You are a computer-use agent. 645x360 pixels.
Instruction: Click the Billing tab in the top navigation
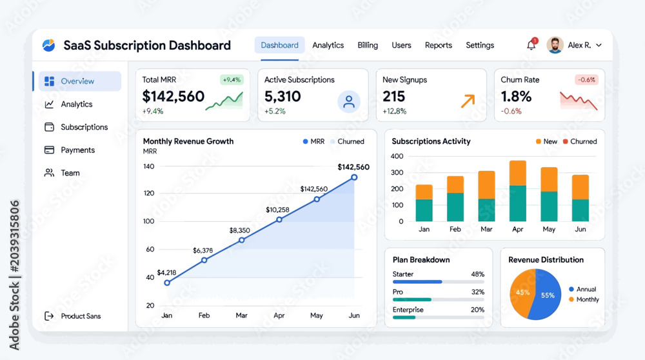(x=368, y=45)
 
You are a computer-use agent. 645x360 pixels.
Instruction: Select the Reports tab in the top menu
(x=438, y=45)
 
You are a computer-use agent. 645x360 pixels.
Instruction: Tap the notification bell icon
(x=531, y=45)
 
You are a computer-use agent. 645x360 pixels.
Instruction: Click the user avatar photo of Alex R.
(x=555, y=45)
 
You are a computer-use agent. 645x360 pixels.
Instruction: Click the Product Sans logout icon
(x=49, y=316)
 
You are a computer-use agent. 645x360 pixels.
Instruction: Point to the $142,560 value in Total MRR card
(x=173, y=96)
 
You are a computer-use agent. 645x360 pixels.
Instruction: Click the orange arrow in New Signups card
(x=468, y=101)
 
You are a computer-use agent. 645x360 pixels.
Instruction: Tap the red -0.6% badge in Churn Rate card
(x=586, y=80)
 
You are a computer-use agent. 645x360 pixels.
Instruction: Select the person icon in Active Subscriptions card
(x=349, y=102)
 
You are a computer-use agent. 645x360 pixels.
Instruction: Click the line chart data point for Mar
(x=241, y=240)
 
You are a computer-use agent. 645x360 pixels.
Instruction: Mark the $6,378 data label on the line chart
(x=203, y=250)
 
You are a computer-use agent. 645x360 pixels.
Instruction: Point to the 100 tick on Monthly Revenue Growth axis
(x=148, y=221)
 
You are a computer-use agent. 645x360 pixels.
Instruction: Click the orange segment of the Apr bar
(x=517, y=173)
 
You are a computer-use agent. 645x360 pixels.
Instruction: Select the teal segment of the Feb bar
(x=455, y=207)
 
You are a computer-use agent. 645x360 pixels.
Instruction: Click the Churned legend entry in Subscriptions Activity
(x=580, y=141)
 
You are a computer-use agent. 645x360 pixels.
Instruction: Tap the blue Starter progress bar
(x=417, y=282)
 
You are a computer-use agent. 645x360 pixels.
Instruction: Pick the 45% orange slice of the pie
(x=522, y=293)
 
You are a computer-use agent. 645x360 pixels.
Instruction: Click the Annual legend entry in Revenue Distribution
(x=582, y=289)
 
